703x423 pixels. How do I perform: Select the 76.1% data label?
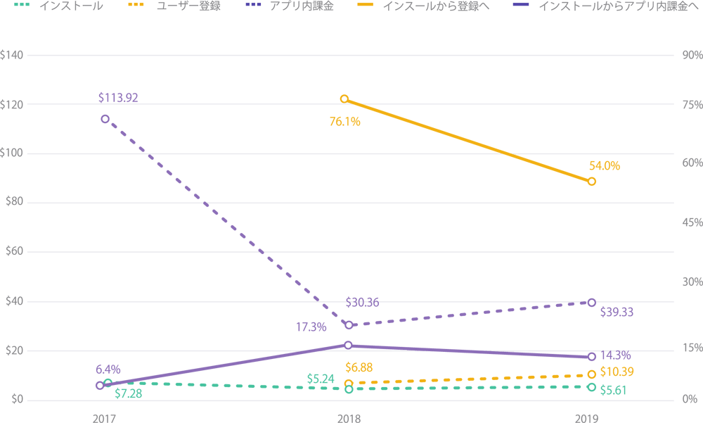tap(344, 122)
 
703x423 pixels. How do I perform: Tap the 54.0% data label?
tap(604, 166)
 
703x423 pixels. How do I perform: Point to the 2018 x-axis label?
tap(349, 417)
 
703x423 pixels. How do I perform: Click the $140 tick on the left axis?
tap(13, 55)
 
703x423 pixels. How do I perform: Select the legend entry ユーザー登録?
tap(189, 6)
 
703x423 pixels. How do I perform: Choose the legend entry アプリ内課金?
tap(302, 6)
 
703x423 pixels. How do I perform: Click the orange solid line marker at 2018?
tap(344, 99)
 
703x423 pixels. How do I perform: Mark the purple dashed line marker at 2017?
tap(105, 119)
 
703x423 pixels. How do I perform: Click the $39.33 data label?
tap(617, 312)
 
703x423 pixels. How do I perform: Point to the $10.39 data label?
tap(617, 372)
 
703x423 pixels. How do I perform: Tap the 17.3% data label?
tap(311, 327)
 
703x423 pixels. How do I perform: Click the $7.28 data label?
tap(129, 393)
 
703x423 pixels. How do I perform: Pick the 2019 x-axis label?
tap(587, 417)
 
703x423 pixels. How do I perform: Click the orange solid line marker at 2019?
tap(591, 182)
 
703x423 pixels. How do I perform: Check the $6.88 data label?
tap(359, 367)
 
